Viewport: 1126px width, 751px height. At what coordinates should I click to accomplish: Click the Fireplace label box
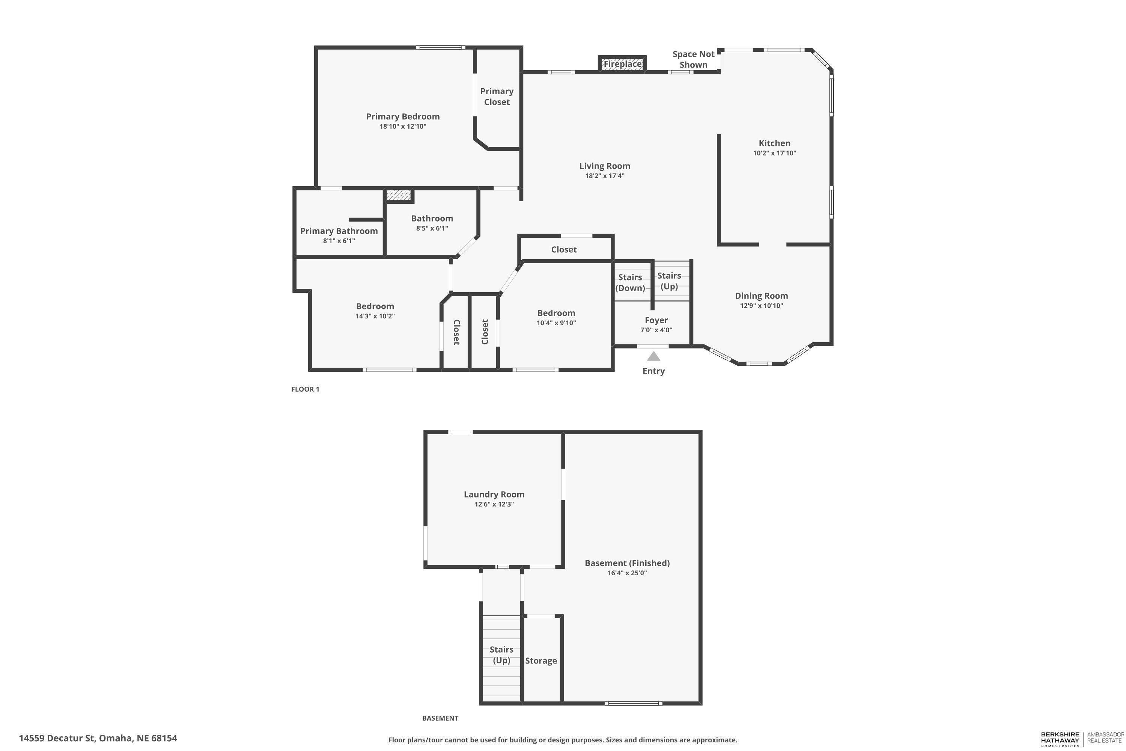622,64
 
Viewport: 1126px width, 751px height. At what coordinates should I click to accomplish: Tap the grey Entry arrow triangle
653,356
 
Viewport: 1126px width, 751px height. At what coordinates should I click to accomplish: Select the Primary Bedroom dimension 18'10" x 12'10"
403,127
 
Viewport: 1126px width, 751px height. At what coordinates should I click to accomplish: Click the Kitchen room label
774,143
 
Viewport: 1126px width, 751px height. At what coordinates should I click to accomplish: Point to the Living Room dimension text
605,176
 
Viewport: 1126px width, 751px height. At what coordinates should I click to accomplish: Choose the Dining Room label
761,296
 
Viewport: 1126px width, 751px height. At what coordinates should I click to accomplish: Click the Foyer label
656,320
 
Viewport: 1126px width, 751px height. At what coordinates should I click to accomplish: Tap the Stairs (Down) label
630,283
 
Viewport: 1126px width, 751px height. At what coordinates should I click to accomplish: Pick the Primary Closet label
497,96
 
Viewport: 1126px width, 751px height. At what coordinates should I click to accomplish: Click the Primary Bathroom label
339,231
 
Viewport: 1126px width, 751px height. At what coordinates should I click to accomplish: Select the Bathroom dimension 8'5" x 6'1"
432,228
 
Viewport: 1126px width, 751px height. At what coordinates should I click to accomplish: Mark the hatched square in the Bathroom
399,195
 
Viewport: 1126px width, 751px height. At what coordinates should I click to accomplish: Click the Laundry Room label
494,494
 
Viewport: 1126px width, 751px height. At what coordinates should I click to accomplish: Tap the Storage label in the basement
541,661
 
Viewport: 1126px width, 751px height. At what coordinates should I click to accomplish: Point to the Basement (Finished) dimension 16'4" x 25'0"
627,573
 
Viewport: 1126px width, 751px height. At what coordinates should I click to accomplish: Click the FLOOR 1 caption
305,389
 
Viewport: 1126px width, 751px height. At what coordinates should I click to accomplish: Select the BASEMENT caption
440,718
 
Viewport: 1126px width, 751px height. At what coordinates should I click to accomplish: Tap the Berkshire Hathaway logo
1060,739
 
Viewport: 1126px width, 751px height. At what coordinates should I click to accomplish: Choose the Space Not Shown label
693,59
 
